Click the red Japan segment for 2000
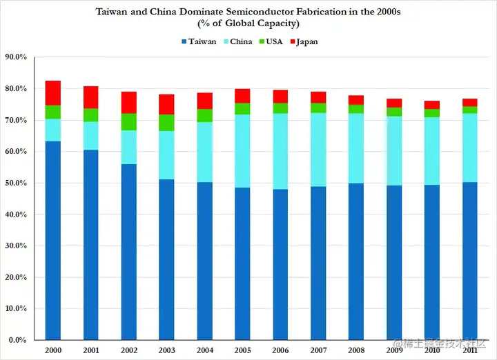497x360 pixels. pyautogui.click(x=53, y=93)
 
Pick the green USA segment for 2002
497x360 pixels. pyautogui.click(x=129, y=121)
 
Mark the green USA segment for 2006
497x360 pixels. pyautogui.click(x=280, y=108)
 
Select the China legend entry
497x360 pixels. pyautogui.click(x=237, y=41)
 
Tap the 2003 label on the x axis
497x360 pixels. pyautogui.click(x=167, y=351)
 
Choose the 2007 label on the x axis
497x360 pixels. pyautogui.click(x=318, y=351)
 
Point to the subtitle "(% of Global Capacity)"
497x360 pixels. pyautogui.click(x=248, y=24)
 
